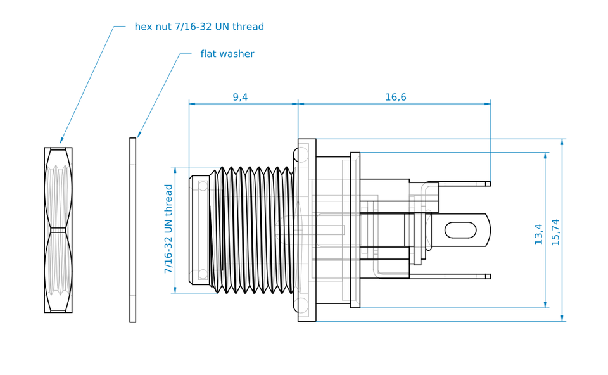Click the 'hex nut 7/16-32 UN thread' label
pyautogui.click(x=199, y=27)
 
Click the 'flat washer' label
pyautogui.click(x=227, y=54)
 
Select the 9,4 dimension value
pyautogui.click(x=240, y=97)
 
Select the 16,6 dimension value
pyautogui.click(x=395, y=97)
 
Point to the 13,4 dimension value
pyautogui.click(x=538, y=234)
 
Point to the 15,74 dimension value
pyautogui.click(x=555, y=232)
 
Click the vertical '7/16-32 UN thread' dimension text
pyautogui.click(x=168, y=229)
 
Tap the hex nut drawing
pyautogui.click(x=58, y=230)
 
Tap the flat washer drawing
pyautogui.click(x=133, y=230)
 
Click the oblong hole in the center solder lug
pyautogui.click(x=460, y=230)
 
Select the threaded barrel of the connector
pyautogui.click(x=253, y=230)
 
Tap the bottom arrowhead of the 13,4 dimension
pyautogui.click(x=545, y=305)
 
